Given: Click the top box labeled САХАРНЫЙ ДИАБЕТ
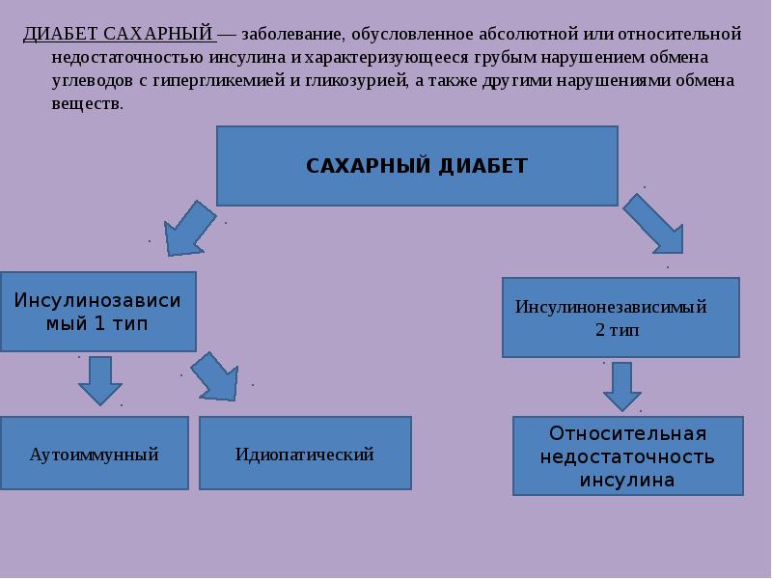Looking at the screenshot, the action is [417, 166].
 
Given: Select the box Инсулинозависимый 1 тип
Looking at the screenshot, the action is [98, 312].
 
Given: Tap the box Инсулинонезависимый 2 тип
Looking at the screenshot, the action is [620, 317].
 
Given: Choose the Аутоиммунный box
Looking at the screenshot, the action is [94, 453].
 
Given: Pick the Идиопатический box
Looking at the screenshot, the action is [305, 453].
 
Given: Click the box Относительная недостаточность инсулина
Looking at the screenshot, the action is [628, 455].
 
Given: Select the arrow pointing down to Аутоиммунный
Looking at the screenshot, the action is [100, 380].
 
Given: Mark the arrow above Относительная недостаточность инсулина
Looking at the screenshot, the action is [622, 387].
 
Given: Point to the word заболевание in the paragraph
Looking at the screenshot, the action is [293, 35].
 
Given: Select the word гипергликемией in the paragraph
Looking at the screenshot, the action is [219, 81].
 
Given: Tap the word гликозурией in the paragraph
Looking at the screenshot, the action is [356, 81].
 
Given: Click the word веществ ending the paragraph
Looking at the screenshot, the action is [86, 104].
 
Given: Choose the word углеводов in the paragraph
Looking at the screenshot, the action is [92, 81].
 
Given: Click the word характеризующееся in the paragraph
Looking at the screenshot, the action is [387, 58].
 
